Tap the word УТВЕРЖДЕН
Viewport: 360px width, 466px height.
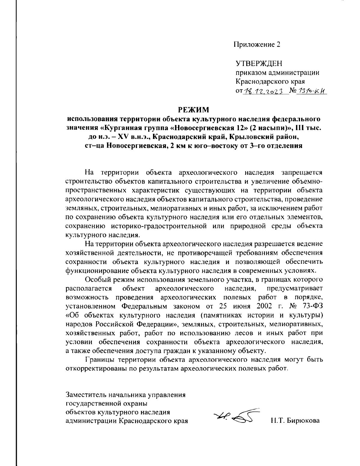[259, 64]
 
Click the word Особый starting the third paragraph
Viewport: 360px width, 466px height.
[97, 280]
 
